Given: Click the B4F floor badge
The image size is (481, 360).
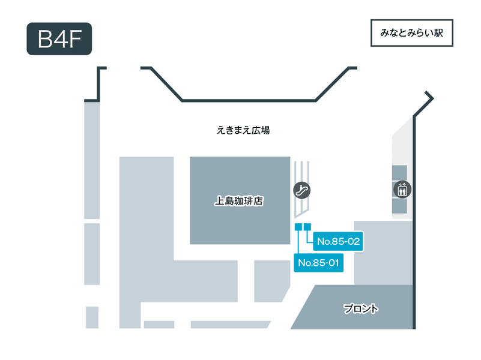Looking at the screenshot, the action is pyautogui.click(x=59, y=39).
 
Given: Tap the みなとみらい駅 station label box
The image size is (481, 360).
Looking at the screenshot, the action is pyautogui.click(x=412, y=33).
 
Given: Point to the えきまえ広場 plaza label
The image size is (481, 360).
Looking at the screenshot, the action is pyautogui.click(x=243, y=130).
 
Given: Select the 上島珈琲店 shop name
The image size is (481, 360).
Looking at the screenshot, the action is pyautogui.click(x=238, y=201).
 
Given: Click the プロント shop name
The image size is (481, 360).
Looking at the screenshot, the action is pyautogui.click(x=361, y=308).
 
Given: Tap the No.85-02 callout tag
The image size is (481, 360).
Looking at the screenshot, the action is pyautogui.click(x=338, y=241).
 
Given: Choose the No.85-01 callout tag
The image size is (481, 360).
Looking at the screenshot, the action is pyautogui.click(x=318, y=263).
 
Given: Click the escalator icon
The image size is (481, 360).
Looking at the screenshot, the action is pyautogui.click(x=302, y=190).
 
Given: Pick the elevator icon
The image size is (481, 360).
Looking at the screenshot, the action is pyautogui.click(x=402, y=190).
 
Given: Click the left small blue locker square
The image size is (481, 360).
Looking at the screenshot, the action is pyautogui.click(x=298, y=227).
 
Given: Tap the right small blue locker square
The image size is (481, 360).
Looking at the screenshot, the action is pyautogui.click(x=307, y=227).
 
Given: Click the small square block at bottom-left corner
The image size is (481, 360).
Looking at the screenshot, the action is pyautogui.click(x=92, y=317).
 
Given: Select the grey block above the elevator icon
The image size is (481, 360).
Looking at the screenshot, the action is pyautogui.click(x=399, y=173).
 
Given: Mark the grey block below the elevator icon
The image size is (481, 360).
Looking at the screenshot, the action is pyautogui.click(x=399, y=206).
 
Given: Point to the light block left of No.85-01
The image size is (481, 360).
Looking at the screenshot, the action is pyautogui.click(x=271, y=281).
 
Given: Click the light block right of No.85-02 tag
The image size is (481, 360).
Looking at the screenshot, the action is pyautogui.click(x=384, y=253).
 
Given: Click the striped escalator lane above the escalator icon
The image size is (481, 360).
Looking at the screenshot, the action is pyautogui.click(x=302, y=172).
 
